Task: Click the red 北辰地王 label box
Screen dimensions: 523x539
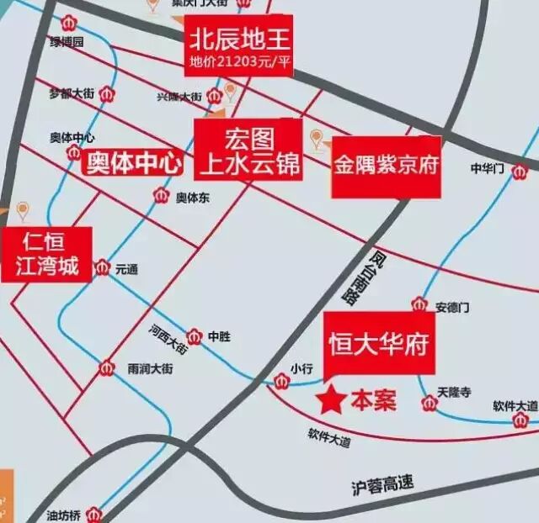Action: pos(239,45)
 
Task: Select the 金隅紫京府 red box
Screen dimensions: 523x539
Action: pos(386,166)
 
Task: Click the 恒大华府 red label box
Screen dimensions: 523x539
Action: pos(379,345)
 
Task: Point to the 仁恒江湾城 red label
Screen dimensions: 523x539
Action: pos(46,255)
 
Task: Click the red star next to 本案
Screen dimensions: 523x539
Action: pos(329,399)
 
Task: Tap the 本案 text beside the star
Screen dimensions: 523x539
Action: pos(372,400)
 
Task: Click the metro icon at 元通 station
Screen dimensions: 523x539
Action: pos(103,268)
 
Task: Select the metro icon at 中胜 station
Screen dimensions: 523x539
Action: pos(195,335)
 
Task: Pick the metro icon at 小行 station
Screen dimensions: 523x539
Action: pos(281,383)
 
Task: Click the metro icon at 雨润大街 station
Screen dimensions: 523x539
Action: pos(107,368)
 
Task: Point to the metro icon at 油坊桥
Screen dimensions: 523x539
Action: pos(96,512)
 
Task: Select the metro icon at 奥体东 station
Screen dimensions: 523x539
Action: pos(161,197)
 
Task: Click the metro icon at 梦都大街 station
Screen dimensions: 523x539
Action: pos(106,94)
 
